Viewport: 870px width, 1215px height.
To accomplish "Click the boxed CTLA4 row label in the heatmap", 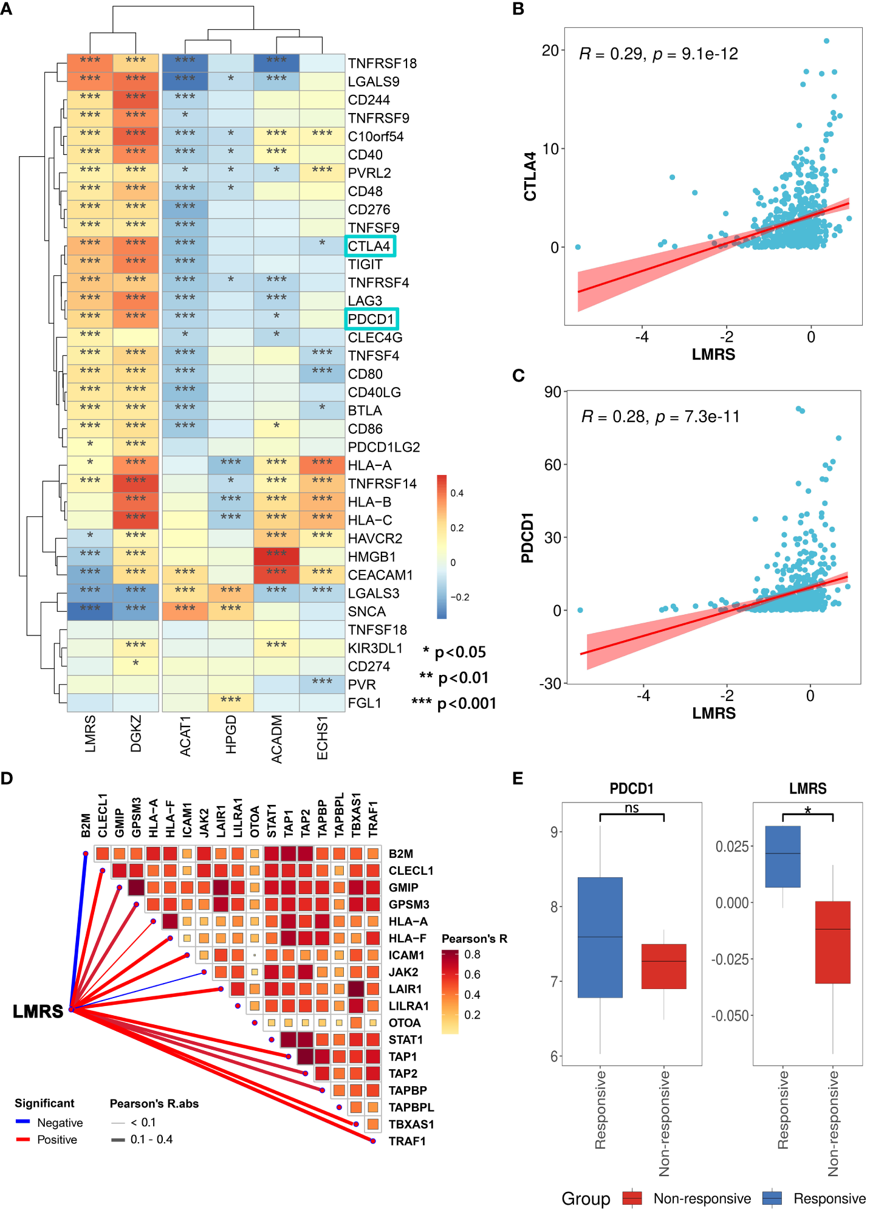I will tap(369, 246).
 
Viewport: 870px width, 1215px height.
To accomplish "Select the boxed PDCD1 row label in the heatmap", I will tap(371, 319).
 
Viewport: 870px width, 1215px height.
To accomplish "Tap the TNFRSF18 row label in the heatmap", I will tap(382, 63).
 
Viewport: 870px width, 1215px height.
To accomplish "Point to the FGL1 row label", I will tap(365, 703).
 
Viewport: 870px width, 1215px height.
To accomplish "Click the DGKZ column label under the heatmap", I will tap(136, 733).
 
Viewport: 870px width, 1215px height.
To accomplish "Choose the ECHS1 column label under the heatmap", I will tap(322, 738).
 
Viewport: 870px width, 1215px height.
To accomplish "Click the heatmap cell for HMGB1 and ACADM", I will tap(276, 556).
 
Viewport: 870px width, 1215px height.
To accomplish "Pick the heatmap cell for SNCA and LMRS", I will tap(90, 611).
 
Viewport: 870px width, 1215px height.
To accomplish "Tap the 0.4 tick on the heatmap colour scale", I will tap(457, 493).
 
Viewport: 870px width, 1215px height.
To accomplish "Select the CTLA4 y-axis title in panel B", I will tap(530, 176).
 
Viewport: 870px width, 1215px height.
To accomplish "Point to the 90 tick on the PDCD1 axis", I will tap(552, 392).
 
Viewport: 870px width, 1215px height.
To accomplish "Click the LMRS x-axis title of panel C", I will tap(714, 713).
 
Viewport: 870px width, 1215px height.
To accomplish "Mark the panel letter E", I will tap(518, 778).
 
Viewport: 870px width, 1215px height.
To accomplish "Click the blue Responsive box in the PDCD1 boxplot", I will tap(600, 937).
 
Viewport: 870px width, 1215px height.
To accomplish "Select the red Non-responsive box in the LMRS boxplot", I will tap(832, 942).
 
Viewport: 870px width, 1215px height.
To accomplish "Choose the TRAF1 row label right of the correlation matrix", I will tap(407, 1141).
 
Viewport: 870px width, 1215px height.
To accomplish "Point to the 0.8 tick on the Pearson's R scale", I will tap(472, 954).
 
